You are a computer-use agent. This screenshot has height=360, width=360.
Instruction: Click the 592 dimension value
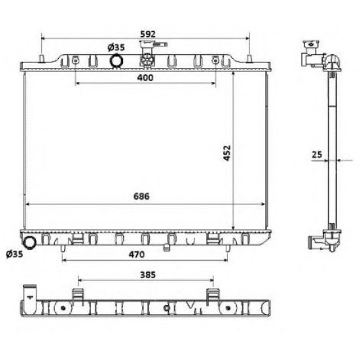tap(148, 34)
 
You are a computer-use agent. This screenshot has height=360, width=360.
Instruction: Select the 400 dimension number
tap(145, 78)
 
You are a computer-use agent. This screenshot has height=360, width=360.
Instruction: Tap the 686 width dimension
tap(141, 196)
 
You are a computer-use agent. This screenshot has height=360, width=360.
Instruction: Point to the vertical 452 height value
tap(227, 153)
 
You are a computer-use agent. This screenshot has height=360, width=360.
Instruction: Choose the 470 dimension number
tap(137, 255)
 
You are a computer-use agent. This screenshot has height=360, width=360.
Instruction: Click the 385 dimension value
tap(148, 275)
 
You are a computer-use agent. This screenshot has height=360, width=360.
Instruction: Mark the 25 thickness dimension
tap(317, 154)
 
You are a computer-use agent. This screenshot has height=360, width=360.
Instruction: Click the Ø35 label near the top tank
tap(116, 48)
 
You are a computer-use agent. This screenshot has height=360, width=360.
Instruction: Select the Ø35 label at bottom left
tap(14, 254)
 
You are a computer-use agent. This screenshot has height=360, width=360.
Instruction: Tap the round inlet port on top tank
tap(117, 61)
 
